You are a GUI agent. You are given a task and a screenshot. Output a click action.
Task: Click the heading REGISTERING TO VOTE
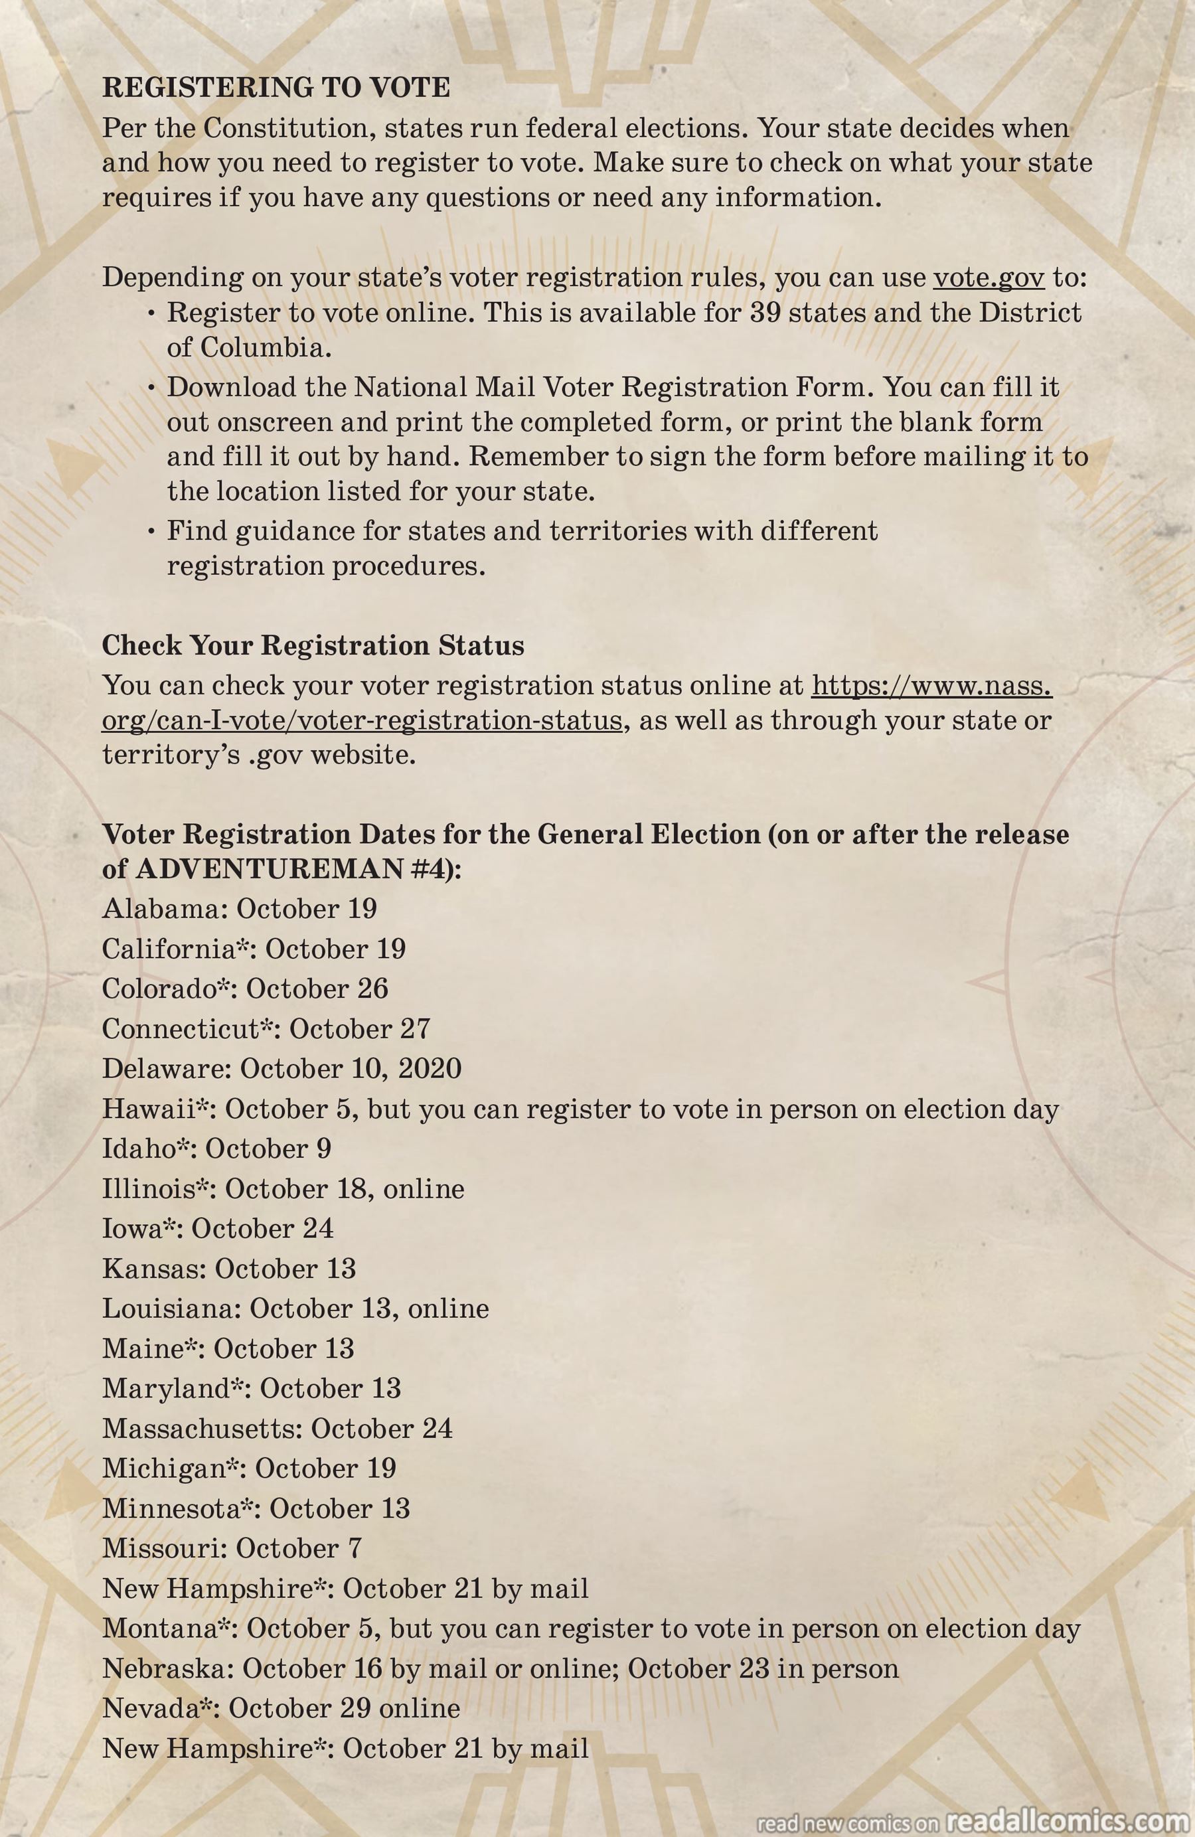click(276, 87)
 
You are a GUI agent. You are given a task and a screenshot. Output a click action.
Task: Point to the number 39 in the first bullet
click(765, 313)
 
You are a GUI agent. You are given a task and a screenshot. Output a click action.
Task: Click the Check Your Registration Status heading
click(313, 645)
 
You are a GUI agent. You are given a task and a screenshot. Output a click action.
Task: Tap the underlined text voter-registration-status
click(459, 720)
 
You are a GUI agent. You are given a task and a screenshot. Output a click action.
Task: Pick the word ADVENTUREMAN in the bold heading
click(270, 869)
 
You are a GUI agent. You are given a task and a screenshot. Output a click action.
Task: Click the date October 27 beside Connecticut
click(359, 1029)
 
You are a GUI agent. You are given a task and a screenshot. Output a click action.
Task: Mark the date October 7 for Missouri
click(298, 1548)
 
